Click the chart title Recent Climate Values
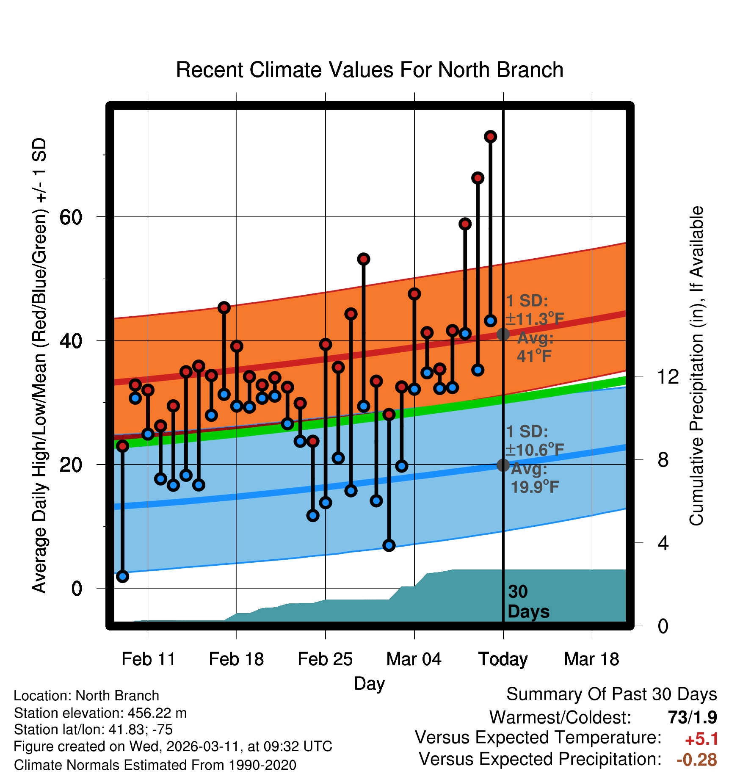pos(369,70)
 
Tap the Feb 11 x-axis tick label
pos(148,659)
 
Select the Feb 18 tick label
pos(236,659)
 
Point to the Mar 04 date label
pos(414,659)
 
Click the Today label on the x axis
pos(503,659)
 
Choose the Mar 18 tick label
pos(591,659)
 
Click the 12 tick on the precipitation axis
pos(668,376)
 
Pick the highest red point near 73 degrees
pos(490,137)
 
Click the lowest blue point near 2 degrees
pos(122,576)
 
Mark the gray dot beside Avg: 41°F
pos(503,334)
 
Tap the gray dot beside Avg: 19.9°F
pos(503,465)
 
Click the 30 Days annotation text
pos(528,602)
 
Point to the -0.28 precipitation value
pos(697,760)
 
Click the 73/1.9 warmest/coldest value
pos(692,717)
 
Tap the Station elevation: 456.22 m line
pos(100,713)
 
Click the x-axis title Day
pos(369,683)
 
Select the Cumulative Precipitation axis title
pos(696,366)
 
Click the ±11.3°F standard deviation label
pos(535,319)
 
